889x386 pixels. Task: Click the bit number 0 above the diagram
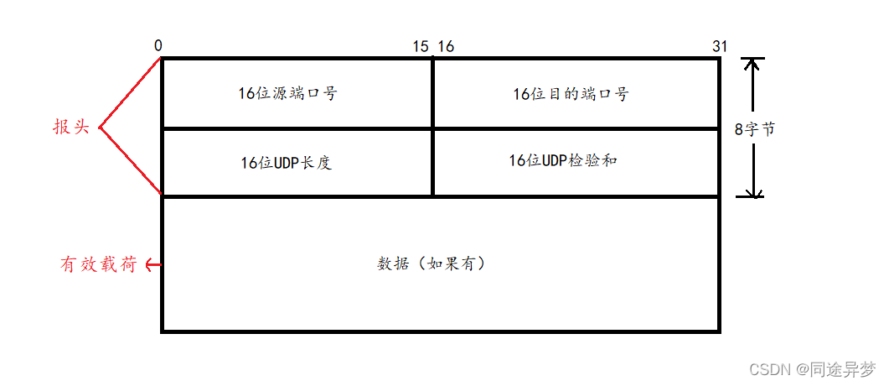pyautogui.click(x=158, y=46)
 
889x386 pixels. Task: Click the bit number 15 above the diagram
pyautogui.click(x=421, y=47)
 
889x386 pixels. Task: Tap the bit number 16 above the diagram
pyautogui.click(x=446, y=47)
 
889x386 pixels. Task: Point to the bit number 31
pyautogui.click(x=719, y=47)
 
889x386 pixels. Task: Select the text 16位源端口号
pyautogui.click(x=287, y=93)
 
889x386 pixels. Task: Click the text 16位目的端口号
pyautogui.click(x=570, y=93)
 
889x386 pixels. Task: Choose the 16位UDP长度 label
pyautogui.click(x=286, y=163)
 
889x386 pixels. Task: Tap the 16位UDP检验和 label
pyautogui.click(x=562, y=159)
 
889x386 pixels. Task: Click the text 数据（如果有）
pyautogui.click(x=432, y=263)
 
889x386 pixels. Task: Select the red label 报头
pyautogui.click(x=70, y=127)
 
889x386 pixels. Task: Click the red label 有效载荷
pyautogui.click(x=98, y=264)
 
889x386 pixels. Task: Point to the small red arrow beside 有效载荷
pyautogui.click(x=152, y=264)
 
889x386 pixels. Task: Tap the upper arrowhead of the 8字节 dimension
pyautogui.click(x=753, y=64)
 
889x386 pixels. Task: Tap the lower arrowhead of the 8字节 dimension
pyautogui.click(x=753, y=191)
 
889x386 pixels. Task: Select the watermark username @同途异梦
pyautogui.click(x=835, y=369)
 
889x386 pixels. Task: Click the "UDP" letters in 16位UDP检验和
pyautogui.click(x=555, y=159)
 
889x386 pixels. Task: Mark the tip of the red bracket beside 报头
pyautogui.click(x=100, y=128)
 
